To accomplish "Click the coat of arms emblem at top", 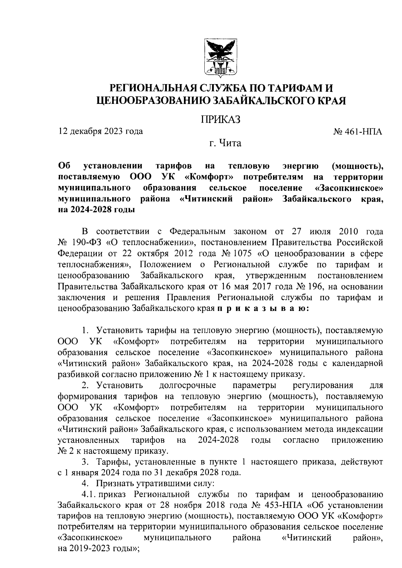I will (221, 57).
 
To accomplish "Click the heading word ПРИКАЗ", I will (221, 119).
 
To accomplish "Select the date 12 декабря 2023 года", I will (100, 131).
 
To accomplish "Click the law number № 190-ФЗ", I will (80, 242).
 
